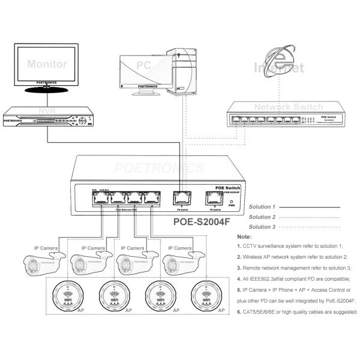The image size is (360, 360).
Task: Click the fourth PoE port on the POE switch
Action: tap(154, 197)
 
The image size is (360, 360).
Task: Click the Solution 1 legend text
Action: tap(262, 207)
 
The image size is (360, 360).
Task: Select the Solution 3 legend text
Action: tap(262, 227)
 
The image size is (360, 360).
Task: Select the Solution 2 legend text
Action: tap(262, 217)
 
